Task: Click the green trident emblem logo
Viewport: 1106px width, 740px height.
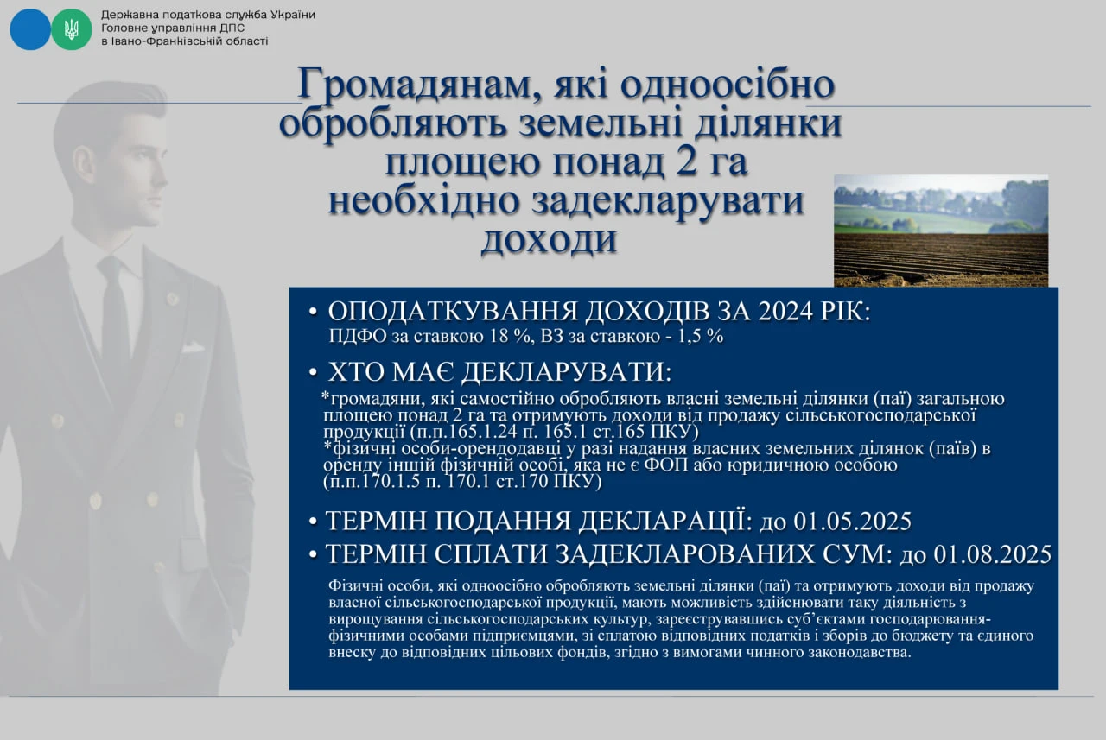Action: coord(72,29)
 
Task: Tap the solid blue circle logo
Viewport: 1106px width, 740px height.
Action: coord(30,29)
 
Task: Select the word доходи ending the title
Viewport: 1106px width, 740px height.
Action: coord(549,240)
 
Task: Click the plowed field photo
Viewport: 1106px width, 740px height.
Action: coord(941,231)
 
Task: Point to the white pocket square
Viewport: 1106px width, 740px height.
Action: coord(193,347)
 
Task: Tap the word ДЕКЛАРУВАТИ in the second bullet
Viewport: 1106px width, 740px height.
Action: coord(567,372)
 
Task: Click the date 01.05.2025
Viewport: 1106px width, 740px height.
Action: coord(853,522)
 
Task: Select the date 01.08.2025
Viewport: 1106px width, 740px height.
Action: coord(993,554)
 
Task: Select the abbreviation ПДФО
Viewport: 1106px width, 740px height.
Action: coord(359,337)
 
